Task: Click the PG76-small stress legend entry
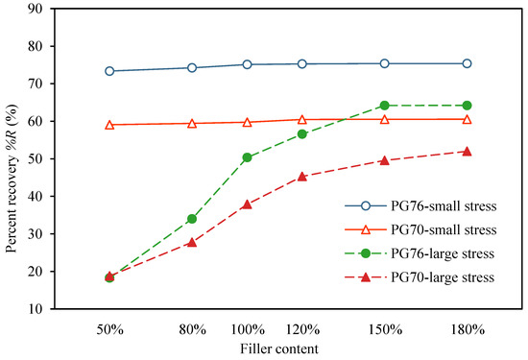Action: pyautogui.click(x=423, y=205)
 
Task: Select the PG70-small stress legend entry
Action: pyautogui.click(x=423, y=229)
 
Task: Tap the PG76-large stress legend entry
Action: pyautogui.click(x=423, y=253)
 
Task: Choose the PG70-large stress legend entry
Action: pyautogui.click(x=423, y=277)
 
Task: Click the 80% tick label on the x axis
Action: pyautogui.click(x=192, y=328)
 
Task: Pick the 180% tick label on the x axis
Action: pyautogui.click(x=467, y=328)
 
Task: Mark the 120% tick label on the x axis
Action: pyautogui.click(x=301, y=328)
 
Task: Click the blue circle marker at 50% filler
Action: pyautogui.click(x=109, y=71)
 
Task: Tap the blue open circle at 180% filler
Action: pyautogui.click(x=467, y=63)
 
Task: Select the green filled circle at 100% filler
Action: pyautogui.click(x=247, y=157)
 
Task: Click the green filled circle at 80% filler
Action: pyautogui.click(x=192, y=219)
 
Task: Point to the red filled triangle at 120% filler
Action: pyautogui.click(x=301, y=176)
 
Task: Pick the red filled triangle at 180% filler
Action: pyautogui.click(x=467, y=151)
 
